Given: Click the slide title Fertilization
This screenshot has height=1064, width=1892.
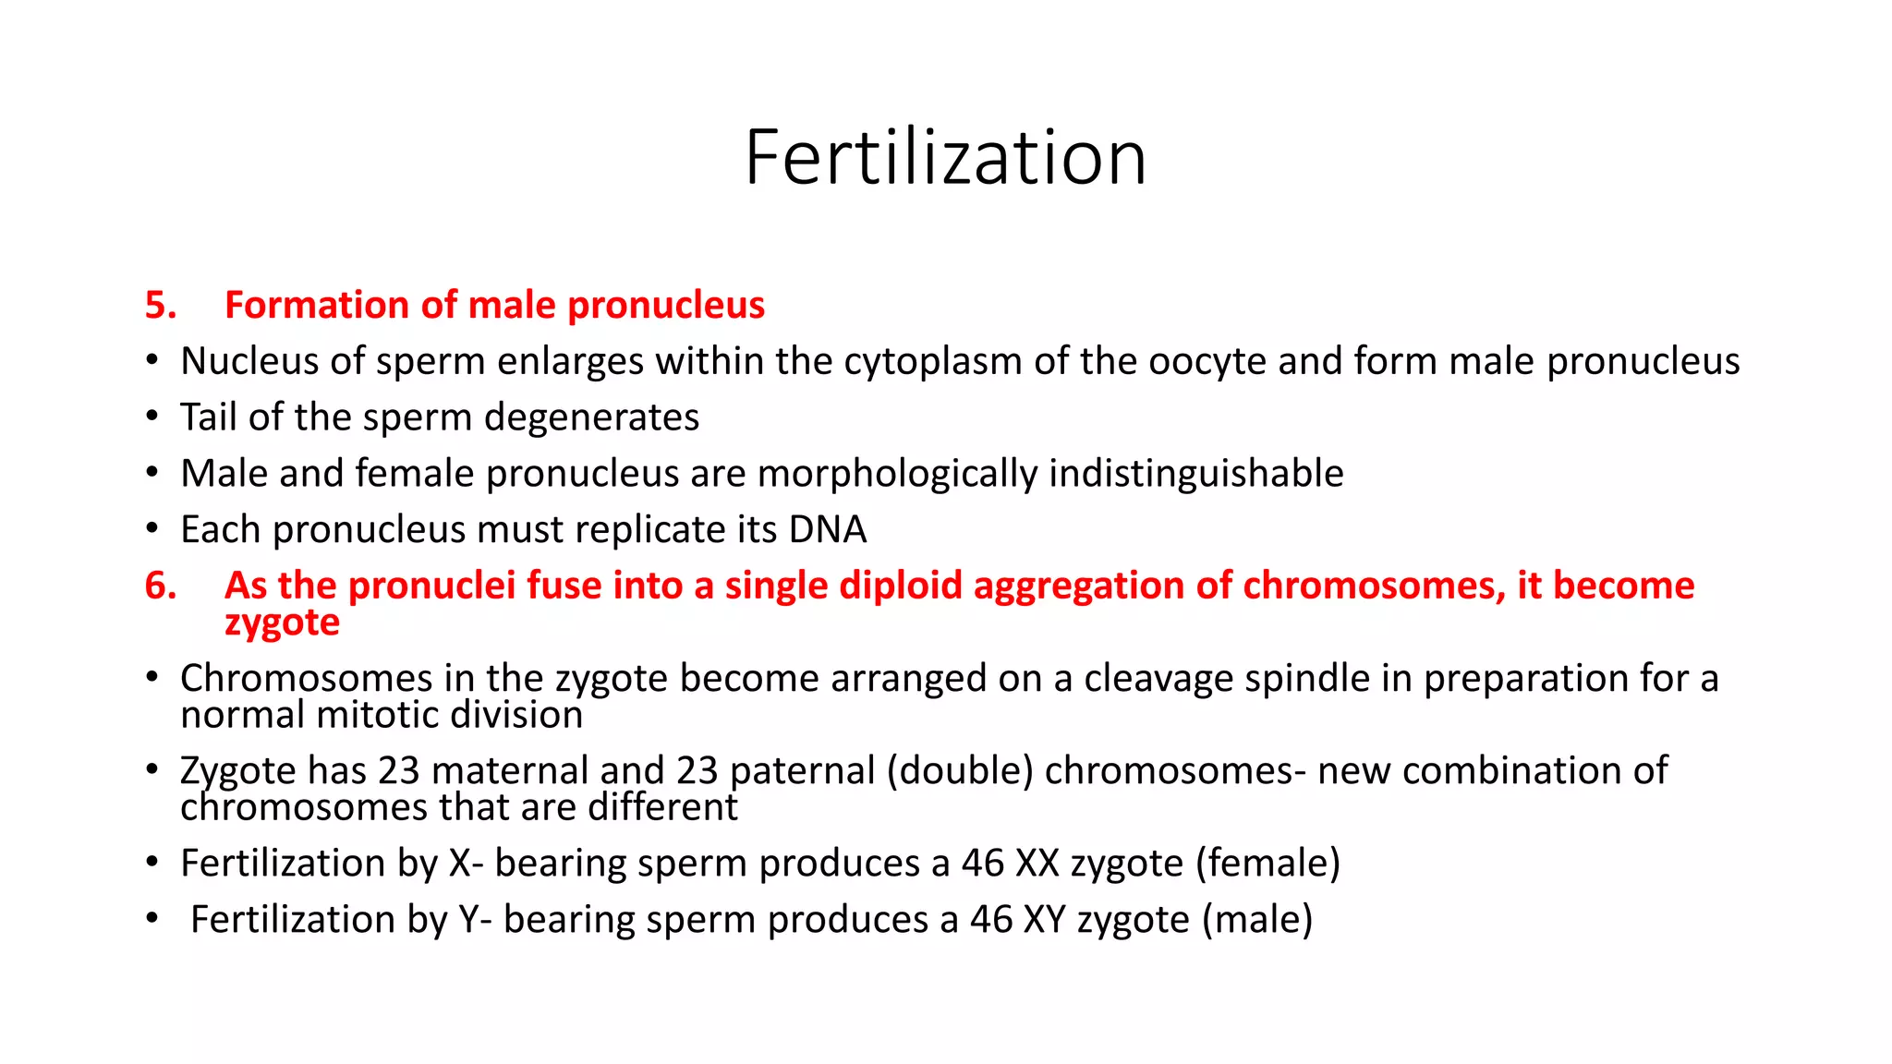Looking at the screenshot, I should point(945,158).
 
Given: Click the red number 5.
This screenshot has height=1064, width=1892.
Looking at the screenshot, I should point(160,306).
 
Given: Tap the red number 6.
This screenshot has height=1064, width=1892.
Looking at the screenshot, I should point(160,586).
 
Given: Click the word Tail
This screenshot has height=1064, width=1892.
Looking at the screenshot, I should point(208,417).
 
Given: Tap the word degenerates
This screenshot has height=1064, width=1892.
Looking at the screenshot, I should point(591,417).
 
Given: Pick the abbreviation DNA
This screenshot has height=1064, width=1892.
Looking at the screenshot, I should point(828,530).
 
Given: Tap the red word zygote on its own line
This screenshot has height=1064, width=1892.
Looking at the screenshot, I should point(282,623).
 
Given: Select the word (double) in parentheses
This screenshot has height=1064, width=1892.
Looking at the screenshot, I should point(960,771).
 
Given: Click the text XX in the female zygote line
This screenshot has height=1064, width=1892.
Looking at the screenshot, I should point(1037,864).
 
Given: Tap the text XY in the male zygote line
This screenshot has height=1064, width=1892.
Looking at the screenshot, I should point(1045,920).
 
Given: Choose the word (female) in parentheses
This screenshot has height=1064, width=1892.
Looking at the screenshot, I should point(1267,864).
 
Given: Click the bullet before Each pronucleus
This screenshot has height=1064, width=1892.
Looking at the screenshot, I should point(152,530).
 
